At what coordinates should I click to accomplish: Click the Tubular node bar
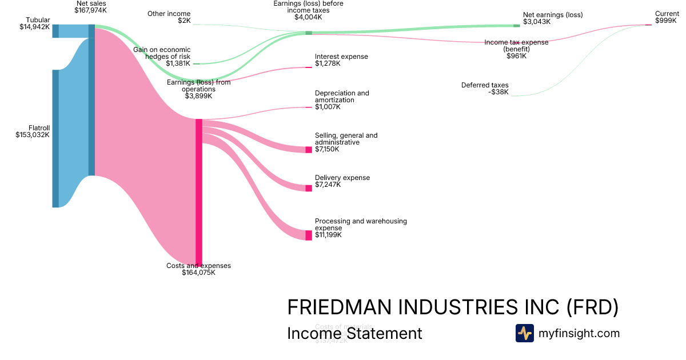click(55, 31)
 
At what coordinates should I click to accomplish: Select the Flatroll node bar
click(55, 138)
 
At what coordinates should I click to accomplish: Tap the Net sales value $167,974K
click(90, 10)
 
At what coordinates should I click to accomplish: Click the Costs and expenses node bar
click(199, 192)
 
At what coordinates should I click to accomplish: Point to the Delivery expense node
click(309, 188)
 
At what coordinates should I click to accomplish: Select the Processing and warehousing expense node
click(309, 235)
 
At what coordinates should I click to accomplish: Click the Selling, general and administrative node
click(309, 150)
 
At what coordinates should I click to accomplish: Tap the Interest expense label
click(341, 57)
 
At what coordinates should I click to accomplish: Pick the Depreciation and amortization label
click(342, 97)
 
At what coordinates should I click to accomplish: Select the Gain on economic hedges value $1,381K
click(178, 63)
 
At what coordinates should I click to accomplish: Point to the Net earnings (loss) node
click(517, 26)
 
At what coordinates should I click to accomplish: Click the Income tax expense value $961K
click(516, 56)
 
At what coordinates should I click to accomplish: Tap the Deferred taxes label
click(485, 85)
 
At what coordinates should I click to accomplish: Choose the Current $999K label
click(667, 17)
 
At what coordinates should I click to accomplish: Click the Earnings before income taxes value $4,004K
click(308, 17)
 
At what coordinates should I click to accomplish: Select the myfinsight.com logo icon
click(524, 333)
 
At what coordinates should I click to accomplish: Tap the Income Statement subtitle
click(354, 333)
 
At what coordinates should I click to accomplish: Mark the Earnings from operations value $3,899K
click(199, 96)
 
